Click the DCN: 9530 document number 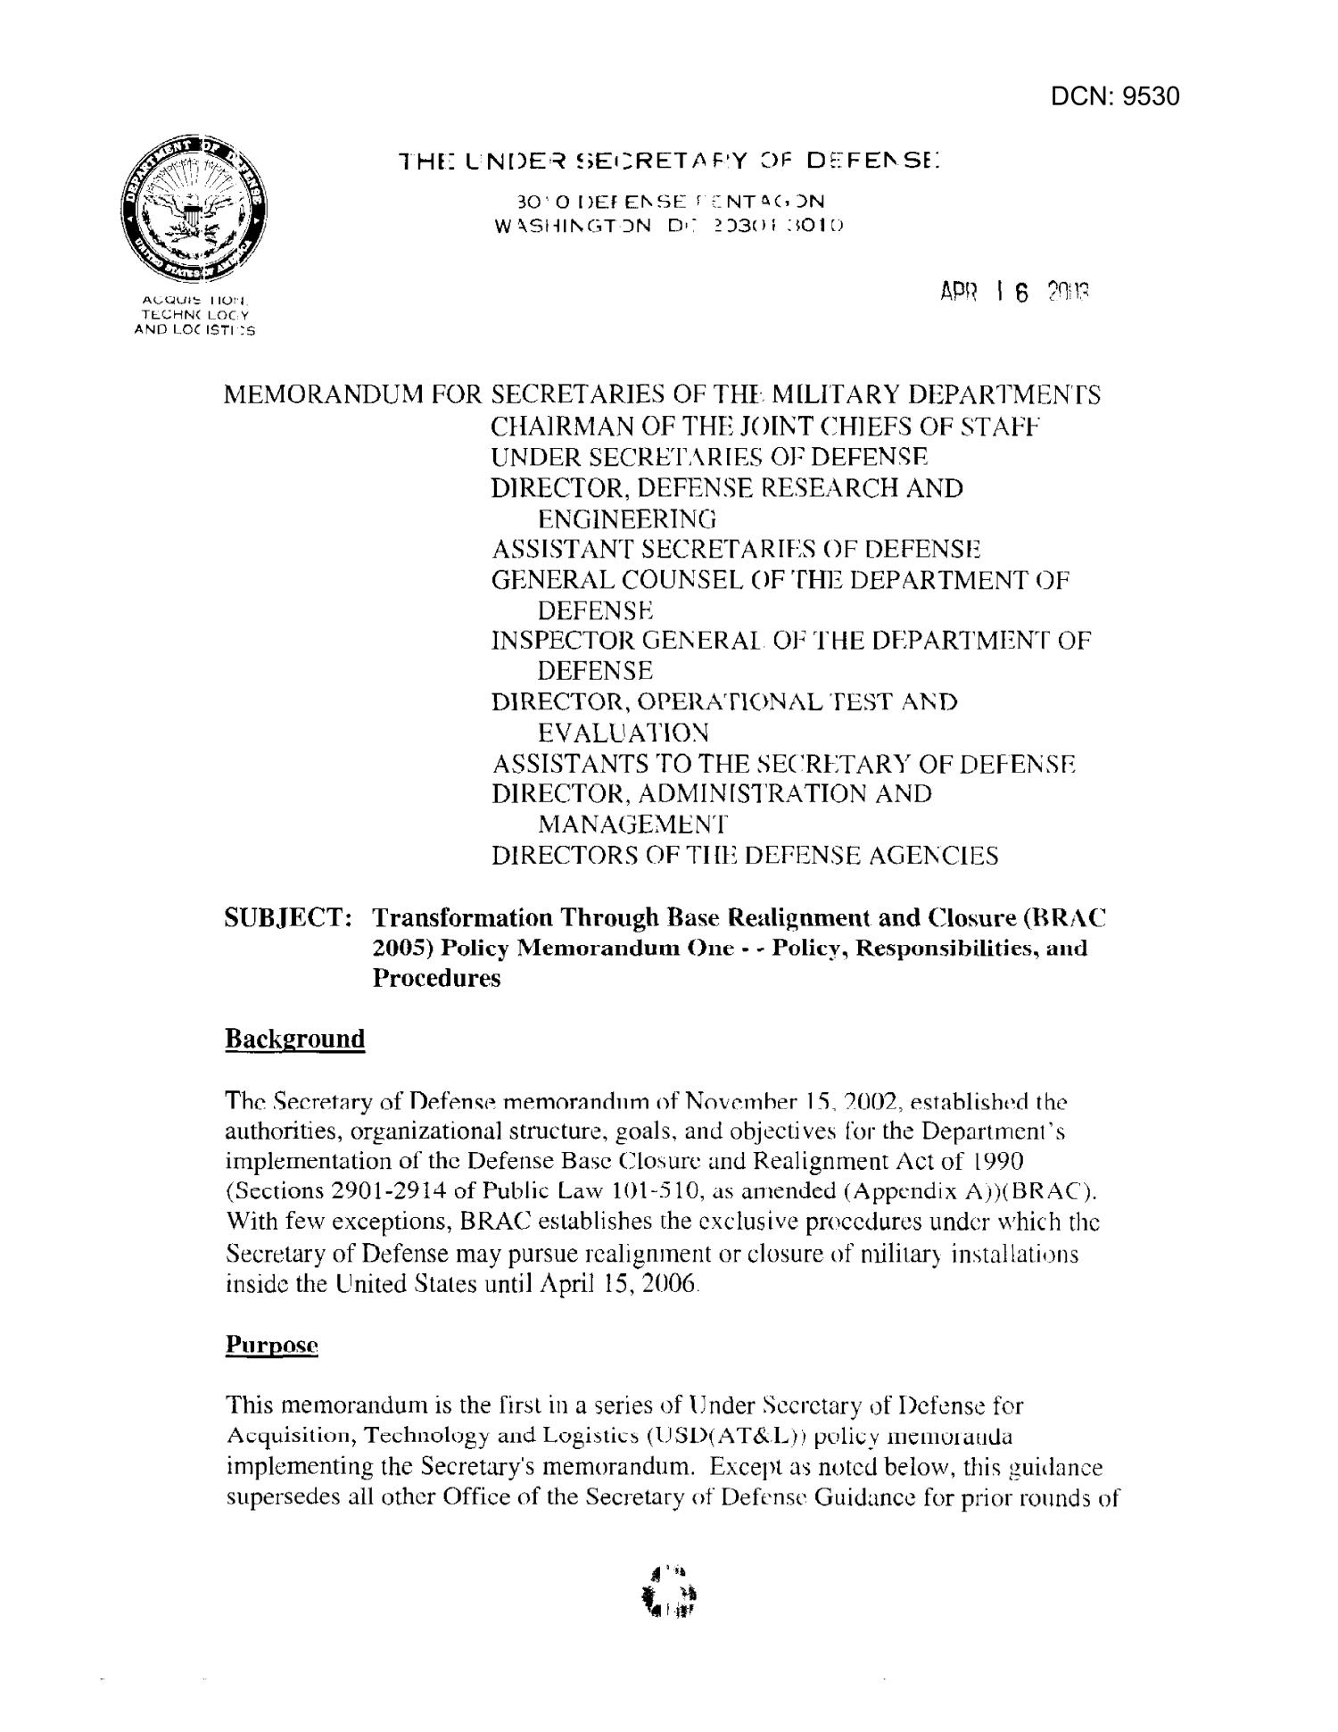pos(1114,96)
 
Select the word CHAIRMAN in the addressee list pos(556,426)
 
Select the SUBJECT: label pos(285,917)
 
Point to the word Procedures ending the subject pos(436,978)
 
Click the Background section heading pos(295,1039)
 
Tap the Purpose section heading pos(272,1345)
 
